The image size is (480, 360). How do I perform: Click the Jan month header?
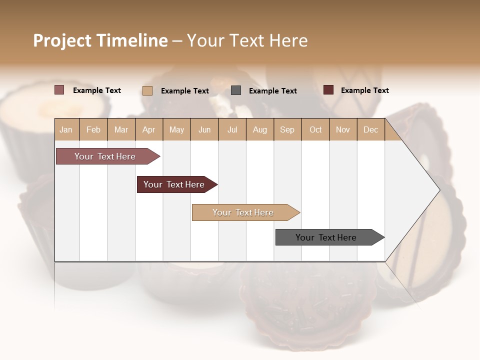(66, 129)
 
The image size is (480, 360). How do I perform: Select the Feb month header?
(93, 129)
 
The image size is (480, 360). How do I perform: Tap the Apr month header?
(148, 129)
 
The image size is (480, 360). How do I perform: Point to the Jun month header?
(204, 129)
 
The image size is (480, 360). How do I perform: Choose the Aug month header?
(259, 129)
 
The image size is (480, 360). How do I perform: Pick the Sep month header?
(287, 129)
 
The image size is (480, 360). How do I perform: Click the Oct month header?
(315, 129)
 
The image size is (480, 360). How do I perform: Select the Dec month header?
(370, 129)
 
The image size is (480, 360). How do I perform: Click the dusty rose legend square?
(59, 90)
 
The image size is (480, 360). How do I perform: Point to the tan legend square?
(147, 90)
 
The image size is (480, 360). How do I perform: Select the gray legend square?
(236, 90)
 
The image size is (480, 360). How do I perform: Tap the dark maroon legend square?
(328, 90)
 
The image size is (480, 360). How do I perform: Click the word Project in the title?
(62, 40)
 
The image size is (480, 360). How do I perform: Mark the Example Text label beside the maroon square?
(364, 90)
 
